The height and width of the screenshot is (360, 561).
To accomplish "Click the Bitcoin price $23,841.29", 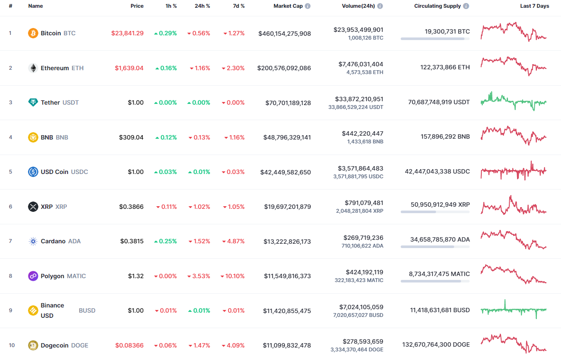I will click(x=127, y=33).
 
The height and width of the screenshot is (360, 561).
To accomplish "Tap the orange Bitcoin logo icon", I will click(x=33, y=33).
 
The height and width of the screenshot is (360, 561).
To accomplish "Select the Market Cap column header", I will click(x=288, y=6).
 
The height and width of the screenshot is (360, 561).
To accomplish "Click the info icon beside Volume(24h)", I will click(x=380, y=6).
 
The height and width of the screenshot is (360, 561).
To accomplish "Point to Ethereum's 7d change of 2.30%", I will click(x=233, y=68).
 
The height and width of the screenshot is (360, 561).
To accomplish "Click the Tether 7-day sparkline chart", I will click(x=513, y=102).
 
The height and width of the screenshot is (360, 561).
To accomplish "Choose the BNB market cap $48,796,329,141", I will click(x=287, y=137).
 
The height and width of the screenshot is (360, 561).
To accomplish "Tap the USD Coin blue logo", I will click(x=33, y=172).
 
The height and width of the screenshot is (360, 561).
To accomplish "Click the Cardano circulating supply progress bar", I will click(x=435, y=247).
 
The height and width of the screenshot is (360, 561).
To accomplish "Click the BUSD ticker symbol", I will click(x=87, y=310).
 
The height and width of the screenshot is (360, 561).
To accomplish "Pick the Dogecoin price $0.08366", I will click(x=129, y=345).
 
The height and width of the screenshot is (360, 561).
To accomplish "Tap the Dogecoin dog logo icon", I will click(x=33, y=345).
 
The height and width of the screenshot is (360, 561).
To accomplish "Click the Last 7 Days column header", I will click(x=534, y=6).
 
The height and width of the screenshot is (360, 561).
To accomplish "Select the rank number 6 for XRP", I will click(x=11, y=207).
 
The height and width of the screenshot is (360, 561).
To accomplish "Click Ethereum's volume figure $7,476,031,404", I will click(x=361, y=64).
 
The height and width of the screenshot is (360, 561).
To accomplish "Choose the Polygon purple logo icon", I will click(x=33, y=276).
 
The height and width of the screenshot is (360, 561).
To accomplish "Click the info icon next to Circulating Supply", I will click(x=466, y=6).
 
